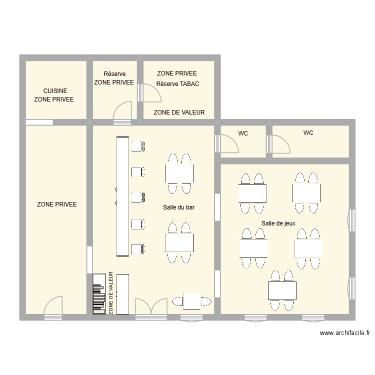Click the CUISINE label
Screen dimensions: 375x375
[x=55, y=91]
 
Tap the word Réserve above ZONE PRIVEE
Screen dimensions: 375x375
[x=114, y=73]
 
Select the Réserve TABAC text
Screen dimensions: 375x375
[x=177, y=84]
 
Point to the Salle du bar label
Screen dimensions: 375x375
[x=178, y=207]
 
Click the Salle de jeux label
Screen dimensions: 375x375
[x=278, y=223]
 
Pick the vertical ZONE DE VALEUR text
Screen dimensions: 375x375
[x=110, y=292]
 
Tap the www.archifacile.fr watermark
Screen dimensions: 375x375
[x=345, y=333]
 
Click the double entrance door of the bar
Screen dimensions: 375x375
[x=151, y=308]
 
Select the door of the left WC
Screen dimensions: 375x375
[x=226, y=143]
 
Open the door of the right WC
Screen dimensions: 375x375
[x=278, y=144]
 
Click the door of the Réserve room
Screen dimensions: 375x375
[x=122, y=113]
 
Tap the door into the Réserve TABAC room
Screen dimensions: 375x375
[x=149, y=93]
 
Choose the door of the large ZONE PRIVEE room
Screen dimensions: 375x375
[x=53, y=308]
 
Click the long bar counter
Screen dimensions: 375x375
[x=122, y=196]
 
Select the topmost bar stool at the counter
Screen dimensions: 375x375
[x=138, y=146]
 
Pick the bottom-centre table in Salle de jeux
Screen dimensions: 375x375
[x=282, y=291]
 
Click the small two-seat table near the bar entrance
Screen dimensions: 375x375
[x=191, y=301]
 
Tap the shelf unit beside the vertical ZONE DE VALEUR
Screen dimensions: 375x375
[x=99, y=294]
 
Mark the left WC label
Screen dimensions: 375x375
[x=243, y=133]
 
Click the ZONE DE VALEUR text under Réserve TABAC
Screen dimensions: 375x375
[x=179, y=112]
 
